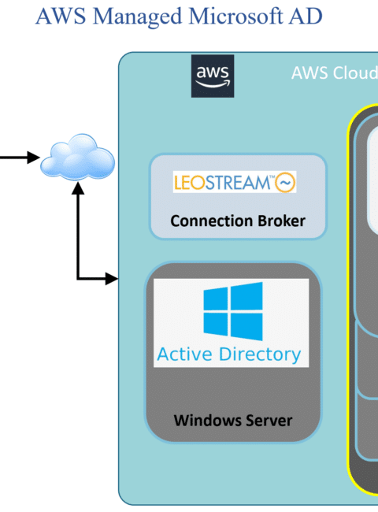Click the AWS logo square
tap(213, 76)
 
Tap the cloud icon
tap(77, 157)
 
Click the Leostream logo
tap(235, 182)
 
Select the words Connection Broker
tap(238, 221)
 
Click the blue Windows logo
tap(233, 311)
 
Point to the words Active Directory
tap(229, 354)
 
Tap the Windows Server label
tap(233, 421)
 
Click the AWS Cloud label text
tap(335, 72)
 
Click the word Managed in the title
tap(138, 17)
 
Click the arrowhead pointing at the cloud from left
tap(33, 158)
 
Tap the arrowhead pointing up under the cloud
tap(78, 188)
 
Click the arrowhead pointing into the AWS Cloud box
tap(112, 279)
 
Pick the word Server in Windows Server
tap(269, 421)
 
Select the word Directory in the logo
tap(260, 354)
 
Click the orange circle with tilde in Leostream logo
tap(285, 182)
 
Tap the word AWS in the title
tap(61, 16)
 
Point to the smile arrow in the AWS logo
tap(213, 84)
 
